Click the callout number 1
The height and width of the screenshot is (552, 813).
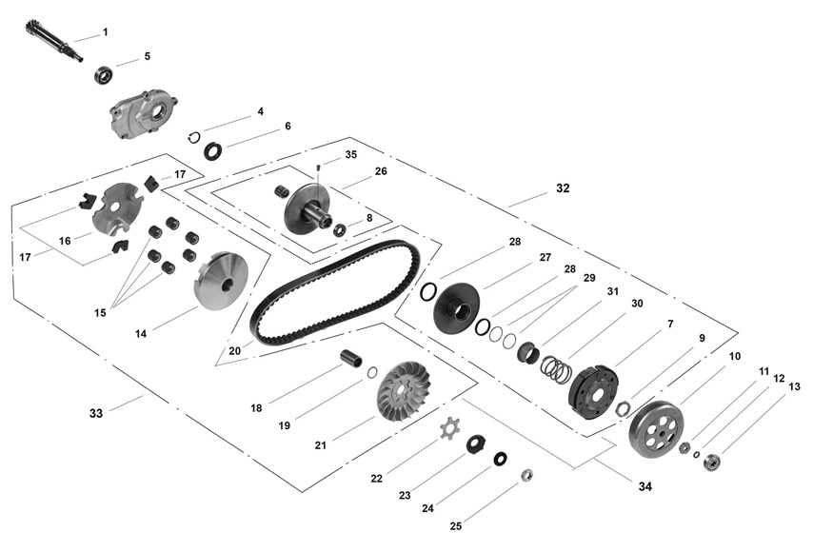tap(105, 32)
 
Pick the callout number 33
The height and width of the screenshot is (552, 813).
tap(95, 413)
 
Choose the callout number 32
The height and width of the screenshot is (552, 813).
tap(563, 188)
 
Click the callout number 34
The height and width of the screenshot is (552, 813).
tap(645, 486)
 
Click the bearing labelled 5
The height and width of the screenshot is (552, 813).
tap(103, 74)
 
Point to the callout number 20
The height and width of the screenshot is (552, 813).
tap(234, 351)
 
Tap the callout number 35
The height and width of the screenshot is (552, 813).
tap(351, 154)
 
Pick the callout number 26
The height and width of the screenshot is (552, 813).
tap(381, 172)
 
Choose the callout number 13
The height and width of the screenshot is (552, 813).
tap(795, 387)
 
